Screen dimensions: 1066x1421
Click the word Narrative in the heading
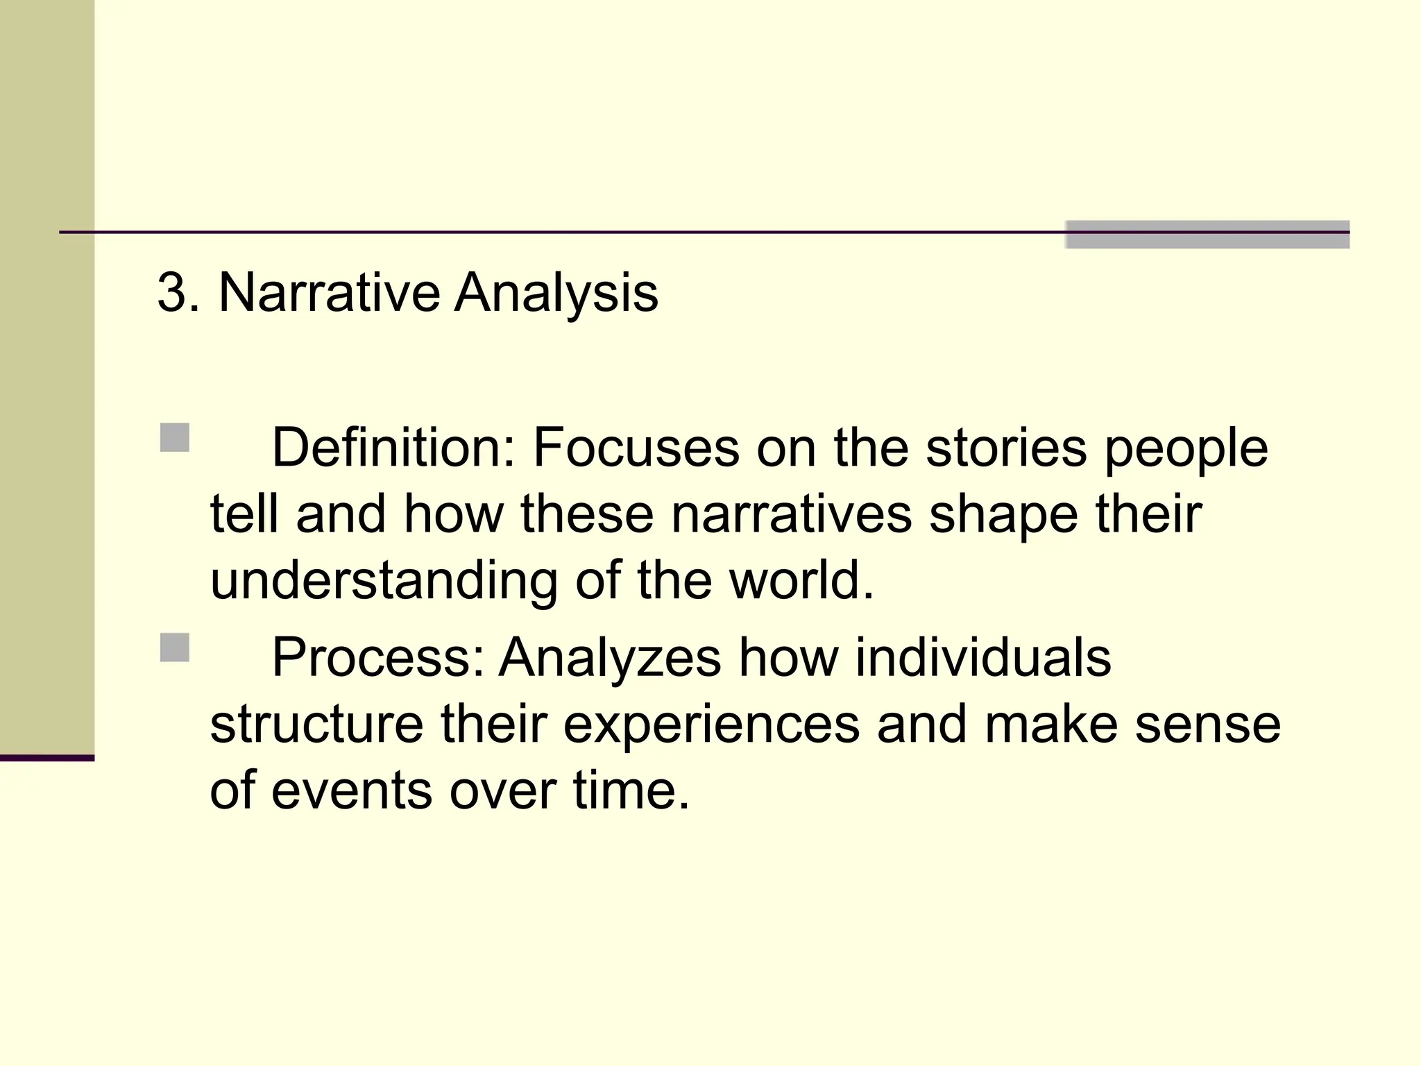click(329, 293)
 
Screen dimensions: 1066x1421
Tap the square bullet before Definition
click(174, 438)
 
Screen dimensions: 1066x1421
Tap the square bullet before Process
click(174, 648)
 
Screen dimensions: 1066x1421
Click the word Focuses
click(636, 448)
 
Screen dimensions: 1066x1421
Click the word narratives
click(792, 514)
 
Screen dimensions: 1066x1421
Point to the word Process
click(377, 657)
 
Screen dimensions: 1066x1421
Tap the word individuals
click(982, 657)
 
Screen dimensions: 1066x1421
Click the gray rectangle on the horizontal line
click(1207, 235)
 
